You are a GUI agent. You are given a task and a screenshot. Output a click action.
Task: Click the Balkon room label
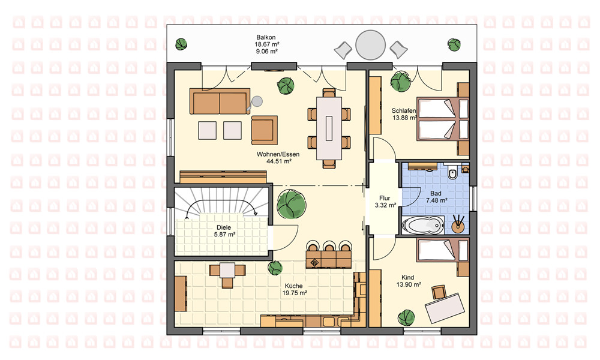coord(266,37)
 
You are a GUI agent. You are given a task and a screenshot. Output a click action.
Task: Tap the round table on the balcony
coord(370,45)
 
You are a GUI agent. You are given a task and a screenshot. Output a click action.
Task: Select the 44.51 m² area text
coord(279,161)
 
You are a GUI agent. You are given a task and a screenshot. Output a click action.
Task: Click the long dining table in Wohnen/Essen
coord(329,128)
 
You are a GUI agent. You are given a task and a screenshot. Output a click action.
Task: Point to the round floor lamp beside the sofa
coord(256,101)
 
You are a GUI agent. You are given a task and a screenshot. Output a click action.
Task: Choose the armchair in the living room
coord(265,130)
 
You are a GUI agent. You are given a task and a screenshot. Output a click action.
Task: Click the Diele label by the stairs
coord(224,227)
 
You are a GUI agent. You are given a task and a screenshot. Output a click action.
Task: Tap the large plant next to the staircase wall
coord(291,203)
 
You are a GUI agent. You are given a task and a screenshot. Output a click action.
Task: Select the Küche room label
coord(294,286)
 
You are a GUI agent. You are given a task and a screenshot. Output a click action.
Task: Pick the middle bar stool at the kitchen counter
coord(329,245)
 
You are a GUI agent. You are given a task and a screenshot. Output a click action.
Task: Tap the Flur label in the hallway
coord(385,198)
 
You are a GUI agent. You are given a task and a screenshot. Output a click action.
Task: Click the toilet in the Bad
coord(452,173)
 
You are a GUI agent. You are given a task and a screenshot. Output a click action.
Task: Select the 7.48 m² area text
coord(437,200)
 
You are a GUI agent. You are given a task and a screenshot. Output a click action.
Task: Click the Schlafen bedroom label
coord(403,111)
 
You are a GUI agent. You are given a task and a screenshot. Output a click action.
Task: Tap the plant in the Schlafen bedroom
coord(400,81)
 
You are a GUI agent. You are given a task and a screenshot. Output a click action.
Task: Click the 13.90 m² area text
coord(409,284)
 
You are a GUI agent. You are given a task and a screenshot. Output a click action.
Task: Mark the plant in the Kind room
coord(406,318)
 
